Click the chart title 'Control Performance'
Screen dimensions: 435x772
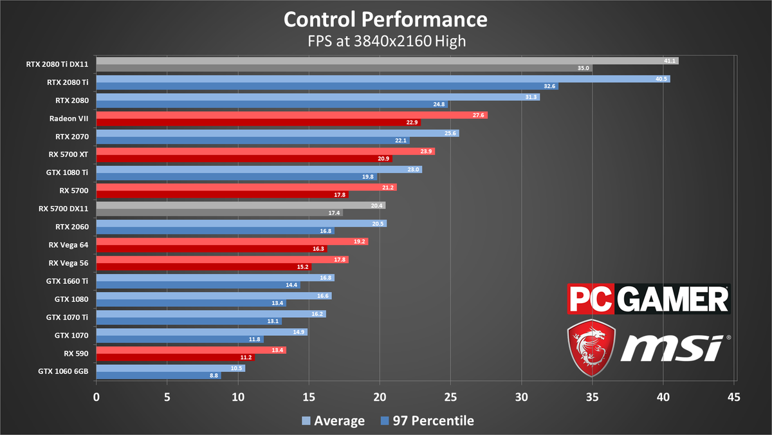[385, 19]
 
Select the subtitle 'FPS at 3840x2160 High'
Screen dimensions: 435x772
[385, 41]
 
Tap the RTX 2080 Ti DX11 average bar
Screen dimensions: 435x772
[386, 60]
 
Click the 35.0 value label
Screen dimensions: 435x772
[583, 68]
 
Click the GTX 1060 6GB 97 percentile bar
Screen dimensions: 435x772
[158, 376]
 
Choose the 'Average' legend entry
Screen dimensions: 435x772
[333, 421]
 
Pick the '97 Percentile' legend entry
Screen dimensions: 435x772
[427, 421]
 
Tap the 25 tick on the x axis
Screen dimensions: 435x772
[450, 397]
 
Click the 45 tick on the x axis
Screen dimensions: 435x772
[733, 397]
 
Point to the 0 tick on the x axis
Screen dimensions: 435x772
[96, 397]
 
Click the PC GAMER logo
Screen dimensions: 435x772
[648, 299]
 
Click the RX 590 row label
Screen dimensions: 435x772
[76, 353]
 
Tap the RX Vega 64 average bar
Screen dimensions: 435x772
[232, 241]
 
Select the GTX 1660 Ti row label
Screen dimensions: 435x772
[68, 281]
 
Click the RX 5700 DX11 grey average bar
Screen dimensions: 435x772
[241, 205]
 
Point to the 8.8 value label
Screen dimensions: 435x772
[214, 376]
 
